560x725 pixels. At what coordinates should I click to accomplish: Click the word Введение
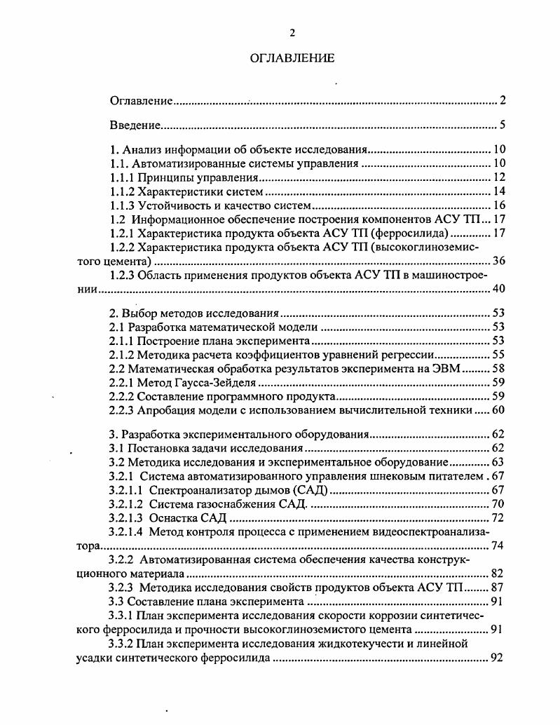[x=136, y=126]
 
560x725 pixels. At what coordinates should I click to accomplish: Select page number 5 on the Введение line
[x=503, y=126]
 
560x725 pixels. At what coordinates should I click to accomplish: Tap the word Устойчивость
[x=170, y=205]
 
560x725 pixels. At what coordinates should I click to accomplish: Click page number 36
[x=499, y=261]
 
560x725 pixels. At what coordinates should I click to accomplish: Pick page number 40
[x=499, y=289]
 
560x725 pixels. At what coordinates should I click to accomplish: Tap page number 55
[x=499, y=355]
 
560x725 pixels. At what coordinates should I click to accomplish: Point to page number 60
[x=499, y=411]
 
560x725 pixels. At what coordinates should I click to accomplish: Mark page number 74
[x=499, y=546]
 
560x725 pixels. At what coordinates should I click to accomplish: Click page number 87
[x=499, y=588]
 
